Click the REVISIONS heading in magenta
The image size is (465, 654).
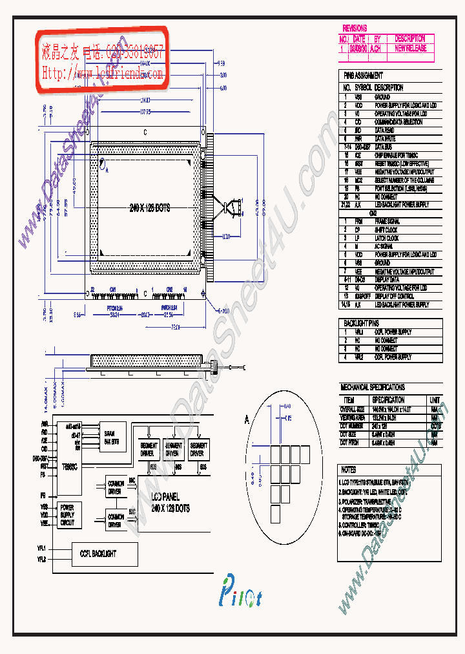click(x=355, y=28)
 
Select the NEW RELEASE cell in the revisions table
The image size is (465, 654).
click(x=411, y=48)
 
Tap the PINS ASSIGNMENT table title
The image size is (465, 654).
click(x=363, y=76)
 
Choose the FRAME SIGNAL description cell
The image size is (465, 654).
click(x=387, y=221)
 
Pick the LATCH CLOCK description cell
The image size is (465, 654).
click(x=387, y=238)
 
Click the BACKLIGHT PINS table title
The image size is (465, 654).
click(x=361, y=322)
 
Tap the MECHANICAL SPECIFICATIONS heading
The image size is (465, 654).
click(x=373, y=387)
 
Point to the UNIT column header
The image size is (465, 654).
click(x=435, y=400)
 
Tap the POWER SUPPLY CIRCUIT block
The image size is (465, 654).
click(x=67, y=515)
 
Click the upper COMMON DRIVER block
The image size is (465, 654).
click(x=116, y=486)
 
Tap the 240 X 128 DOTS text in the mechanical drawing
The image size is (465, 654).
click(x=150, y=208)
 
